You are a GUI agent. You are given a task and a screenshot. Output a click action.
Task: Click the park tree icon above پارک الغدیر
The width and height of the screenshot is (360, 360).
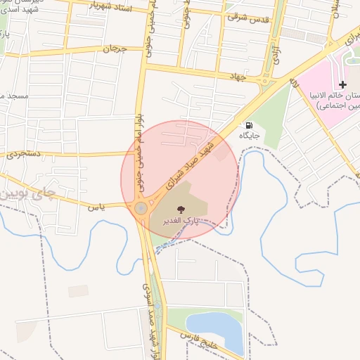(180, 209)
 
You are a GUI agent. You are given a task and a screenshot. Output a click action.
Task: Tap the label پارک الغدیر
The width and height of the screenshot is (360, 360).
(179, 220)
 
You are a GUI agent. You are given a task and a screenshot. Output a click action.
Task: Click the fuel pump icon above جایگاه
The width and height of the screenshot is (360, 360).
(249, 125)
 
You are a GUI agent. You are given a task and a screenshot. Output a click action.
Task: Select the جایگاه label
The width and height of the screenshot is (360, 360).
(250, 134)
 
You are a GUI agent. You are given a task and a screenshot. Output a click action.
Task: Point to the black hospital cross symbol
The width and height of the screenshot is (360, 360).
(343, 84)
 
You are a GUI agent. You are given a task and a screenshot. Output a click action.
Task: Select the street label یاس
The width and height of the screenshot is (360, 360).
(92, 207)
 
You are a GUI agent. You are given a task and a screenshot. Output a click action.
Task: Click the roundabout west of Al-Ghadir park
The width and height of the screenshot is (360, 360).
(141, 208)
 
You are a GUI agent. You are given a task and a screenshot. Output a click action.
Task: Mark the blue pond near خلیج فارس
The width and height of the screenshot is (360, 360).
(214, 325)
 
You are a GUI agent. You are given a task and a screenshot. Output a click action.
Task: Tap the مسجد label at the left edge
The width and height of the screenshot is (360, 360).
(14, 94)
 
